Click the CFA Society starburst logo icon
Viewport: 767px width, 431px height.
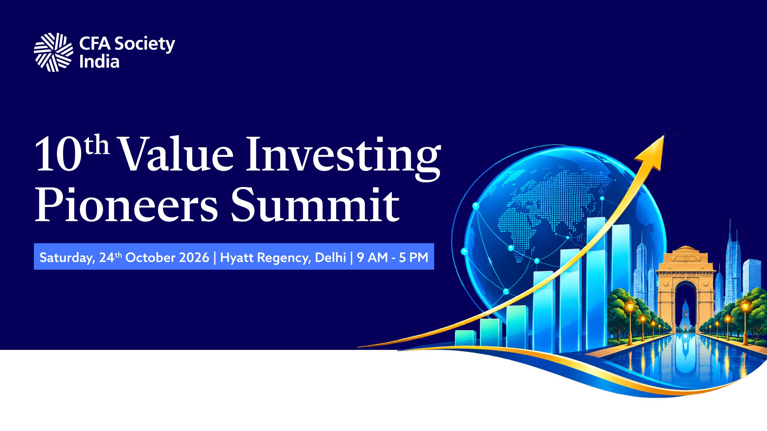point(53,52)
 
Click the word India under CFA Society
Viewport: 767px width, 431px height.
point(99,62)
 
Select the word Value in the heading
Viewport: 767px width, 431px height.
point(176,154)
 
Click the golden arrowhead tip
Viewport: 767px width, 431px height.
point(664,136)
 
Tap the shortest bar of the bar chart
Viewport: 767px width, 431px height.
point(465,338)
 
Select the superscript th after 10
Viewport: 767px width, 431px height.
point(96,145)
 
